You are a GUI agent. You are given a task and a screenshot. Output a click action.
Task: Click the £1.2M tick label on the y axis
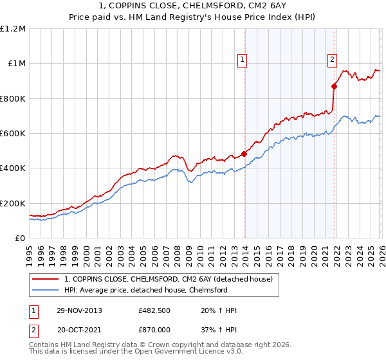click(x=14, y=29)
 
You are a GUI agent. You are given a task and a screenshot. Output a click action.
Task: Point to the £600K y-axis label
click(x=13, y=134)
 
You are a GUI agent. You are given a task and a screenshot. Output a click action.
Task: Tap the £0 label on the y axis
click(x=20, y=239)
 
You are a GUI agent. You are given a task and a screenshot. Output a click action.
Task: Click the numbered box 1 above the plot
click(x=243, y=60)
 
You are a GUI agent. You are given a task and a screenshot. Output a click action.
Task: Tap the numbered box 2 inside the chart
click(x=333, y=60)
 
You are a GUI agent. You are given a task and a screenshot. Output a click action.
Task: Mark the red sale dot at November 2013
click(x=244, y=154)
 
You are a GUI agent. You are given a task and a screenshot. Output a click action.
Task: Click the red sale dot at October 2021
click(x=334, y=86)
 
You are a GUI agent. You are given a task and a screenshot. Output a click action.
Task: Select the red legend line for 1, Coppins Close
click(x=45, y=279)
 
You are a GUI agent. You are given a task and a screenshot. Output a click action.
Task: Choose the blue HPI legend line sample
click(x=45, y=290)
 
